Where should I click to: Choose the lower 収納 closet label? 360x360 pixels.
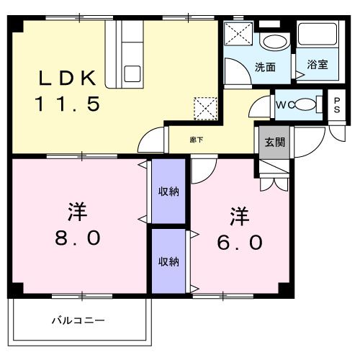tap(169, 261)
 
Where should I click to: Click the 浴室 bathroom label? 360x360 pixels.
tap(318, 65)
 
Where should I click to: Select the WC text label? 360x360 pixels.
tap(283, 104)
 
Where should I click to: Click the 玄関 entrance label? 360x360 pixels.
tap(274, 142)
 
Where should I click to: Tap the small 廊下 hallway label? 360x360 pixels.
tap(196, 139)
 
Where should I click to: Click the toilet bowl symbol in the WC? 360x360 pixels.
tap(307, 104)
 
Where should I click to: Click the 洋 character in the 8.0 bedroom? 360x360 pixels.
tap(77, 212)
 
